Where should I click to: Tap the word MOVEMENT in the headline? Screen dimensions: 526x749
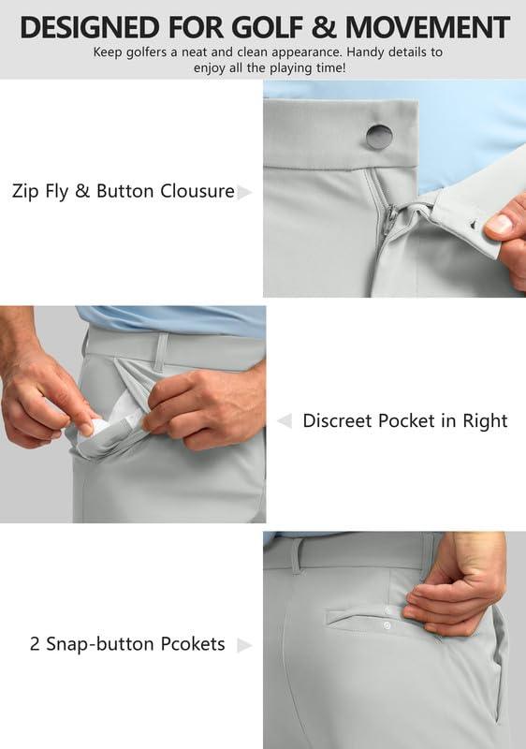point(427,27)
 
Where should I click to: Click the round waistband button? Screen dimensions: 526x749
point(379,136)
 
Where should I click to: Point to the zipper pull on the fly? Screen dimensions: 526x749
point(391,221)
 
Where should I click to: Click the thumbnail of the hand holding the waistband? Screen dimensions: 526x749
point(500,224)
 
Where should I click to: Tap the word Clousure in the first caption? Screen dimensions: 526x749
point(197,191)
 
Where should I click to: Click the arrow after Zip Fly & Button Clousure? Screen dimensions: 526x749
point(244,192)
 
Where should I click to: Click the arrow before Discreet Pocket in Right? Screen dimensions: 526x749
point(285,420)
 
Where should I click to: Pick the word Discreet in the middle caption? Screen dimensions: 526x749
point(338,420)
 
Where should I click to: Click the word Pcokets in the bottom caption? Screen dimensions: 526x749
point(193,644)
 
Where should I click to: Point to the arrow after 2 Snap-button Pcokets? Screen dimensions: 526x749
point(244,645)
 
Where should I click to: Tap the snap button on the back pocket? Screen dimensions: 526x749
point(386,624)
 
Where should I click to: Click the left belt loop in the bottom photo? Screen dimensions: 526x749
point(298,555)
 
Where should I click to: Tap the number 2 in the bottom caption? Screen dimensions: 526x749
point(35,644)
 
